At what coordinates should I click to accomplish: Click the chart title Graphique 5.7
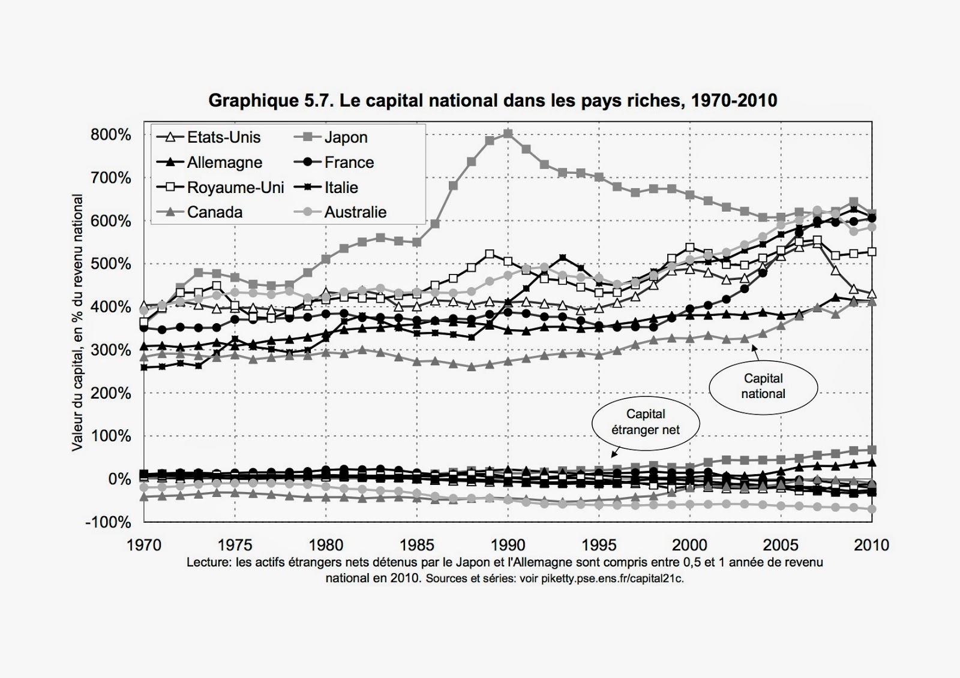(492, 100)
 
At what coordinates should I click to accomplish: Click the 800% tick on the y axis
(111, 135)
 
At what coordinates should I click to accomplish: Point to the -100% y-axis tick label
(108, 522)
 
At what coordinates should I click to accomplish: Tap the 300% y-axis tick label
(111, 350)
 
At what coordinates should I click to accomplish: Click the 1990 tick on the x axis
(508, 545)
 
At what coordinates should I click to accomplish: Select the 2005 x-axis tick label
(781, 545)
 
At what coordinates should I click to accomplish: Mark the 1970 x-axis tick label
(145, 545)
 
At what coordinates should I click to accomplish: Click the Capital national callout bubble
(763, 386)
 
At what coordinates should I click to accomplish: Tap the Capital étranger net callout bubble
(646, 421)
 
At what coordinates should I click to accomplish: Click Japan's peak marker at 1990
(508, 134)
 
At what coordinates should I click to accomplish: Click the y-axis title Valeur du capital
(77, 324)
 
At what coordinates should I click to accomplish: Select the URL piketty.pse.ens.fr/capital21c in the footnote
(612, 578)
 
